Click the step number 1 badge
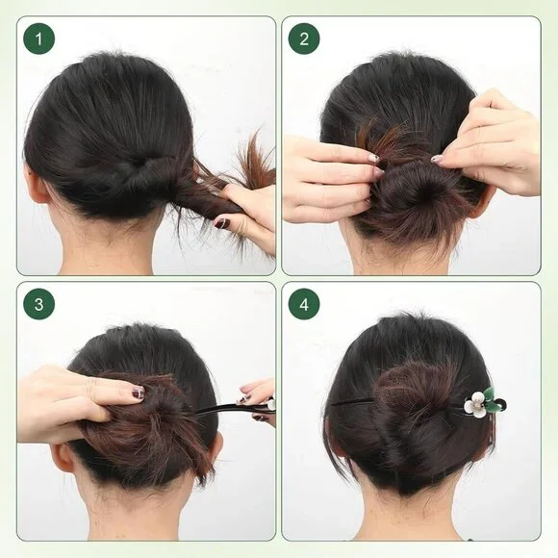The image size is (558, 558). coord(38,39)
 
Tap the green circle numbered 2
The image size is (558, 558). coord(304,39)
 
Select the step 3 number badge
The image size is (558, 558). coord(38,306)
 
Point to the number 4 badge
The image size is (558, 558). coord(304,306)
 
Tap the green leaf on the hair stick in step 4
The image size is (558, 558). coord(491,395)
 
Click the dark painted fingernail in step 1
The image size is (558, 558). coord(222,223)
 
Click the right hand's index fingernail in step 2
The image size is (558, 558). coord(437,158)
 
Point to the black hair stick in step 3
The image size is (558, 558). coord(226,409)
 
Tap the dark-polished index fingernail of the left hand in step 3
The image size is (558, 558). coord(138,393)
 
